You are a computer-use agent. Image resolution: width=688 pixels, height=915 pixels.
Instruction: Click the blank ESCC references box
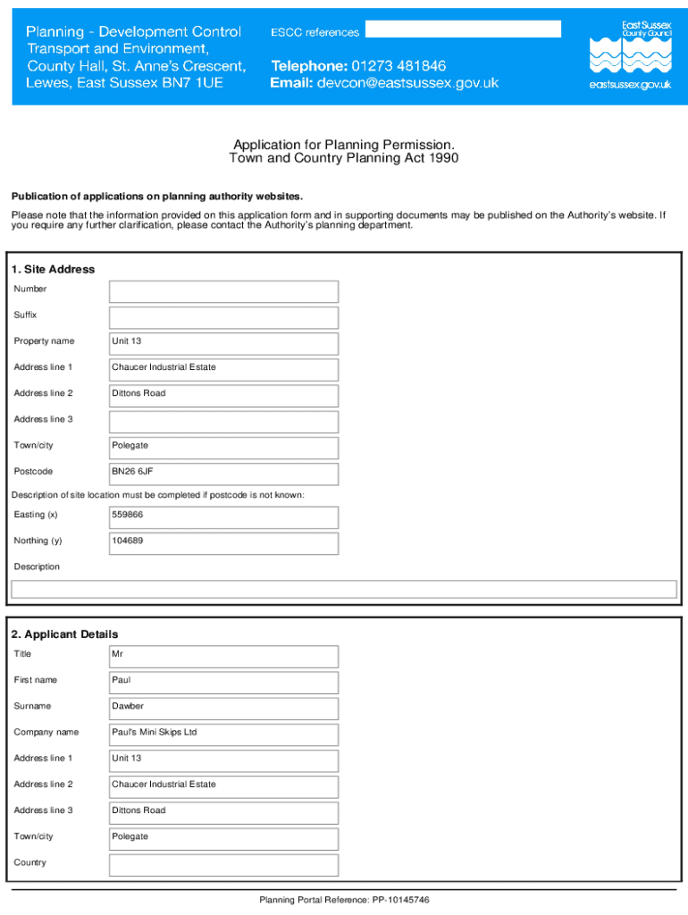463,29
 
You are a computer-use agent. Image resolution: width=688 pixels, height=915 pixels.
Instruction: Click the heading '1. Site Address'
53,269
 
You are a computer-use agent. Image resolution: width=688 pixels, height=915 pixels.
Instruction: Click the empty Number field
223,291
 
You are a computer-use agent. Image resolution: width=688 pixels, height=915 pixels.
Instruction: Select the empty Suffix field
223,317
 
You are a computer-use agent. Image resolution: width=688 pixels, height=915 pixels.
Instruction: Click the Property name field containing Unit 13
223,343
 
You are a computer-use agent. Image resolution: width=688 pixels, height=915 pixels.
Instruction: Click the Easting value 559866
127,515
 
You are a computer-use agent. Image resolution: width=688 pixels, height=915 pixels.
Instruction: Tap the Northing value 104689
127,541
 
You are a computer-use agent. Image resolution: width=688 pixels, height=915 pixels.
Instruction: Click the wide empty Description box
343,589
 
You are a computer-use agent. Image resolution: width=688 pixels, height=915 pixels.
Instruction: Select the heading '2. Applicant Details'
64,634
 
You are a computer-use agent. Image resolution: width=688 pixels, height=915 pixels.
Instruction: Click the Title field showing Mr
223,656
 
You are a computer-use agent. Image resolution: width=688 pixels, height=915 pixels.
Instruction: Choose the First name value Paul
121,680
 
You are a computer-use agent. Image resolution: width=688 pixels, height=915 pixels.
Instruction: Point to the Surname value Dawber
127,706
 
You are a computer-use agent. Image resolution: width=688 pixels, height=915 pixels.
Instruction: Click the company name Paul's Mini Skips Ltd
154,732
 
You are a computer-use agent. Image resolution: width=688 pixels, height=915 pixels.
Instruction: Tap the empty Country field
223,864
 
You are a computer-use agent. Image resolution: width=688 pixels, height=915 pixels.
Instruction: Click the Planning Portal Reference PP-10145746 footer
344,900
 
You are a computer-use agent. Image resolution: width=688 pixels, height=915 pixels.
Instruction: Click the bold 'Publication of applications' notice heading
157,196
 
